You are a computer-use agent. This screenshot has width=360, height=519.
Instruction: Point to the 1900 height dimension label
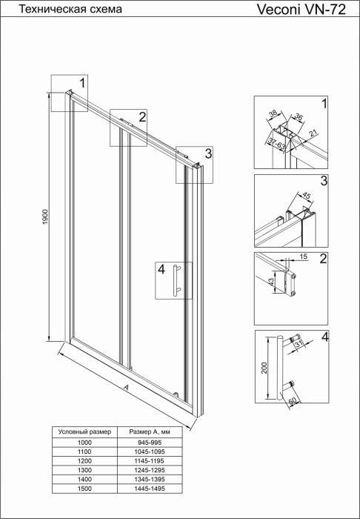44,218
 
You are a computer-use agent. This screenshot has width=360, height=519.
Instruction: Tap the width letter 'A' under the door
127,388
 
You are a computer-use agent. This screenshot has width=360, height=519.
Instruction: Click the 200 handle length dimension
264,368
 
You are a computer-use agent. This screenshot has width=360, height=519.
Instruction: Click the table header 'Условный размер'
84,431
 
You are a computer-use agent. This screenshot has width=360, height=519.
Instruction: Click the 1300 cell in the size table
84,469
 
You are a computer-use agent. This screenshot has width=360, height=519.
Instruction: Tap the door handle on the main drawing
176,280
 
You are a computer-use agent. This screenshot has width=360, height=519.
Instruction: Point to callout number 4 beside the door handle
161,270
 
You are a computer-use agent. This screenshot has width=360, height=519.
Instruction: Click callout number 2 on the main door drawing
141,116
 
